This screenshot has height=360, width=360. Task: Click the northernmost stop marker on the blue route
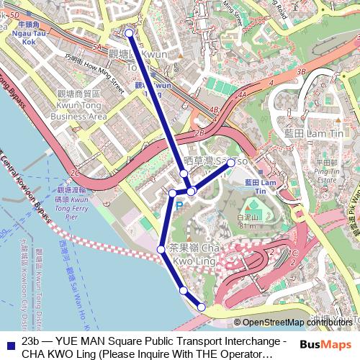pyautogui.click(x=129, y=33)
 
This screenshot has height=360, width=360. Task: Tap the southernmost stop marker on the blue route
pyautogui.click(x=201, y=307)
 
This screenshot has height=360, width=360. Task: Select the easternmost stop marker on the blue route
pyautogui.click(x=231, y=163)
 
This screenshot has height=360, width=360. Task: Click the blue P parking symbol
pyautogui.click(x=179, y=206)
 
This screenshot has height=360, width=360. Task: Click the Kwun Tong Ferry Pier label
pyautogui.click(x=71, y=202)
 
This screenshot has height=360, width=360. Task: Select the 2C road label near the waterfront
pyautogui.click(x=75, y=174)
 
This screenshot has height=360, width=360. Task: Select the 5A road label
pyautogui.click(x=96, y=47)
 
